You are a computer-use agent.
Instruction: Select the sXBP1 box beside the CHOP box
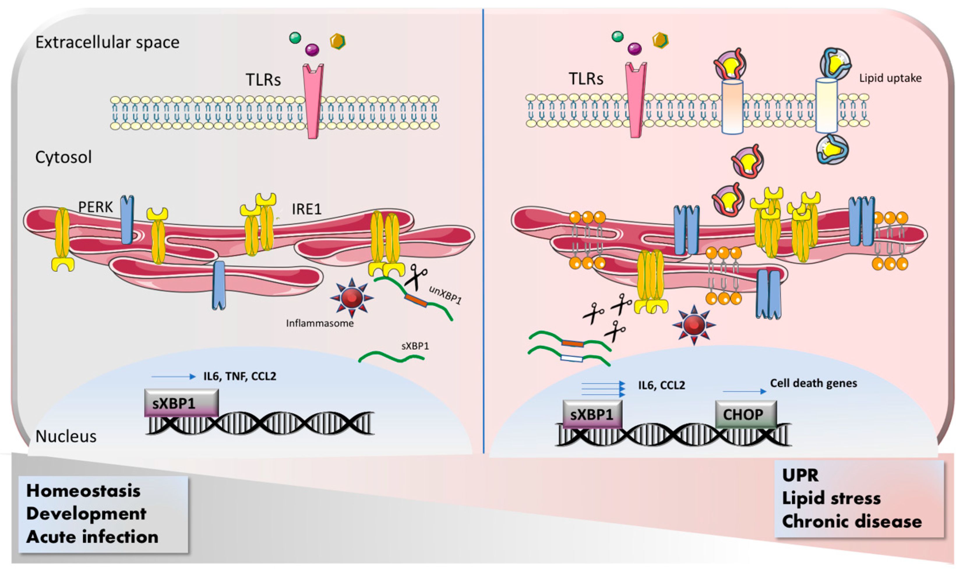(592, 415)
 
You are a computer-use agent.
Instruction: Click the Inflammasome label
(320, 323)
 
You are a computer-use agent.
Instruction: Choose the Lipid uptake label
(890, 78)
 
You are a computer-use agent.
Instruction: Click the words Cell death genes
(813, 383)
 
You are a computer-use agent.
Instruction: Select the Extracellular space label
(107, 42)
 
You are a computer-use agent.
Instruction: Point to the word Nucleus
(66, 436)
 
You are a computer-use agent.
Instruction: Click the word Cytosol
(64, 157)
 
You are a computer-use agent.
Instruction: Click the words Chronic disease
(851, 521)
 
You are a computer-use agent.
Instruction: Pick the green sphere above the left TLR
(295, 38)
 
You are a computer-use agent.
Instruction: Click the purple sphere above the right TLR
(634, 49)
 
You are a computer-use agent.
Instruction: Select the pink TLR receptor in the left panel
(313, 101)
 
